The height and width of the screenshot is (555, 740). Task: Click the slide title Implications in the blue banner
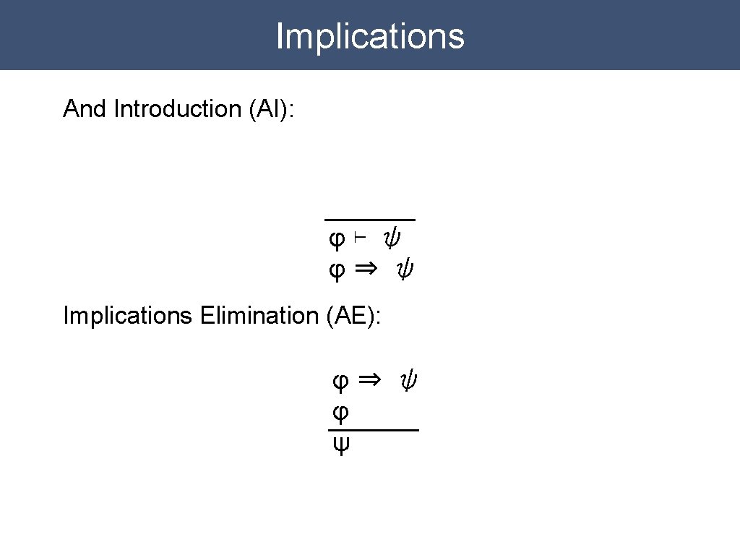(370, 36)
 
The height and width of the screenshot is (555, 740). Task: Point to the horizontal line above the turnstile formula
(369, 218)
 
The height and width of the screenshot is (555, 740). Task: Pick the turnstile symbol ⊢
(361, 237)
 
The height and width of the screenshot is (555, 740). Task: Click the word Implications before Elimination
(127, 316)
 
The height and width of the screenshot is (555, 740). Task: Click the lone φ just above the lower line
(340, 413)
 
